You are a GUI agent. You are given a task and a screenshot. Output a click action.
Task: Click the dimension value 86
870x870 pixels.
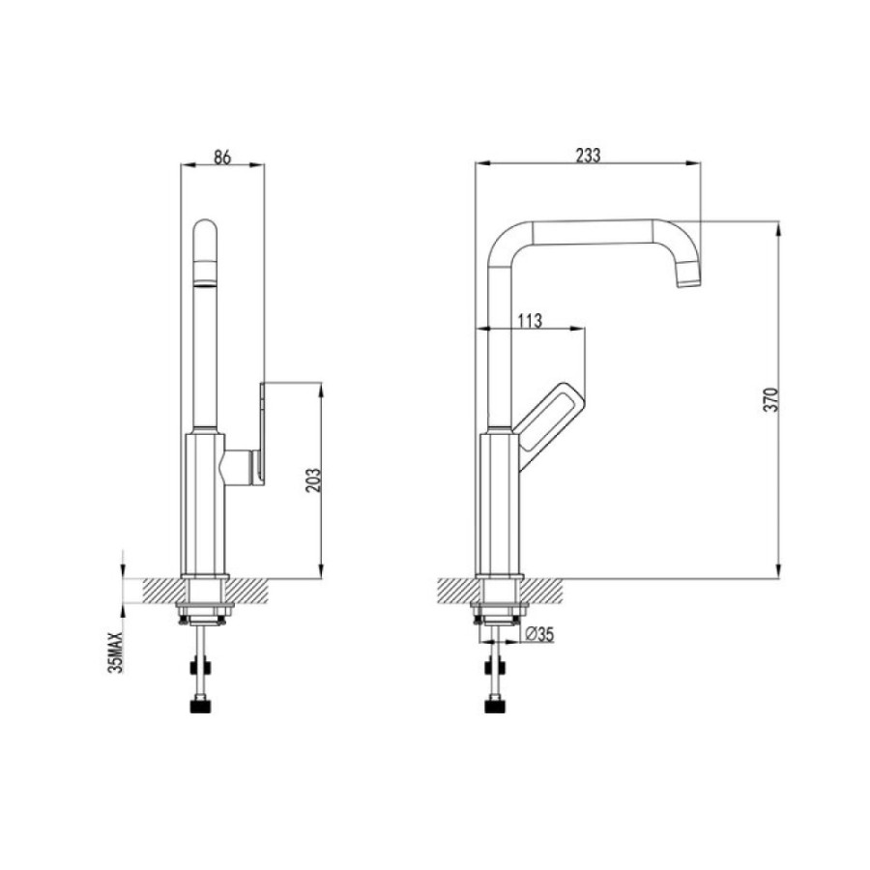pyautogui.click(x=222, y=157)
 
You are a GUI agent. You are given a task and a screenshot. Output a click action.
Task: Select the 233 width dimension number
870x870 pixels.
pyautogui.click(x=588, y=156)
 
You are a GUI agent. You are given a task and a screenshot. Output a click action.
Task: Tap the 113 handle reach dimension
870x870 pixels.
pyautogui.click(x=530, y=321)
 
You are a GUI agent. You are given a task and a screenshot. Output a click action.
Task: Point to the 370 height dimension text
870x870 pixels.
pyautogui.click(x=771, y=399)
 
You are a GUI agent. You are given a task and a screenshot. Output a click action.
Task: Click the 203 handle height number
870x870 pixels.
pyautogui.click(x=313, y=480)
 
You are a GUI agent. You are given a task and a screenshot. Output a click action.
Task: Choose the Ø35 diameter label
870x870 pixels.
pyautogui.click(x=538, y=633)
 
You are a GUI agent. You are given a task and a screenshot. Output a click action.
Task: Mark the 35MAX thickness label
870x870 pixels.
pyautogui.click(x=116, y=652)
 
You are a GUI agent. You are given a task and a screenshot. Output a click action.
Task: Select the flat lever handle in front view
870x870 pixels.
pyautogui.click(x=261, y=432)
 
